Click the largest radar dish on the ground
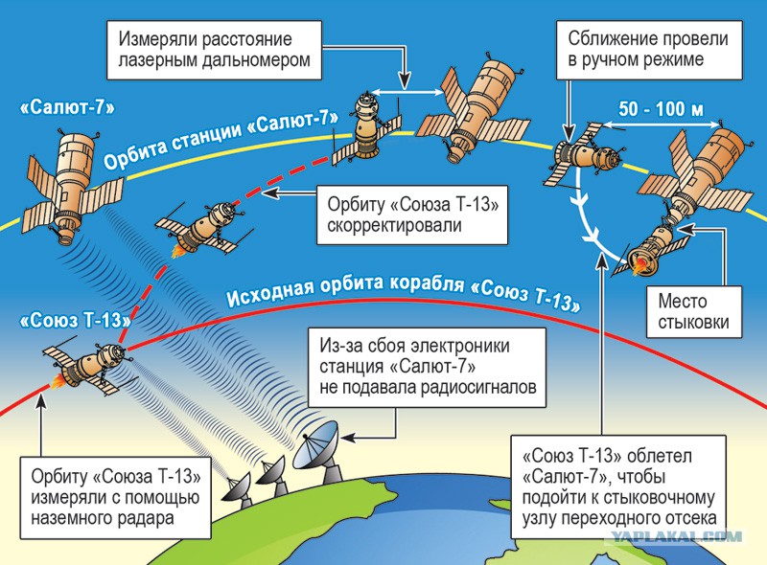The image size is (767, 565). pyautogui.click(x=318, y=452)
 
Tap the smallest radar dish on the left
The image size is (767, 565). pyautogui.click(x=237, y=488)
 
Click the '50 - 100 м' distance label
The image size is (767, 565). pyautogui.click(x=661, y=108)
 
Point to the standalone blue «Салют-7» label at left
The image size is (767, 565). pyautogui.click(x=67, y=107)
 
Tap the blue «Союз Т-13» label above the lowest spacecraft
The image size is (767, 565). pyautogui.click(x=76, y=321)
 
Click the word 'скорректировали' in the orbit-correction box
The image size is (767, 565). pyautogui.click(x=394, y=225)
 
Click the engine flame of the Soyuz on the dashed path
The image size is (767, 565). pyautogui.click(x=177, y=251)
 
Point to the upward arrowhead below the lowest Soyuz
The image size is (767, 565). pyautogui.click(x=41, y=399)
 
